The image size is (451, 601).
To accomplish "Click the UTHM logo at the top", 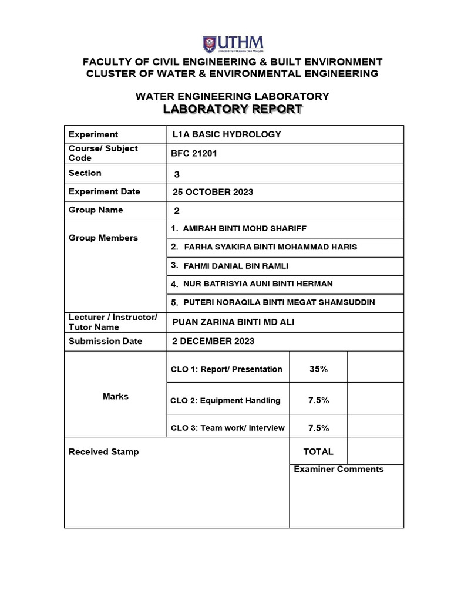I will [233, 44].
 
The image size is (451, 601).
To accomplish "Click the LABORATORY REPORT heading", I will [233, 109].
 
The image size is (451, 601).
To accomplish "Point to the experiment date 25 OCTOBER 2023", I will [213, 192].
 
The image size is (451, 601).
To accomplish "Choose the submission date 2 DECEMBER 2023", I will [213, 341].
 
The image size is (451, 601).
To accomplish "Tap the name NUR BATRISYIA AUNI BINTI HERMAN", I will [258, 284].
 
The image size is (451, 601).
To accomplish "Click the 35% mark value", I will [318, 369].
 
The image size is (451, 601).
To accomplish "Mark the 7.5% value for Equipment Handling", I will [318, 400].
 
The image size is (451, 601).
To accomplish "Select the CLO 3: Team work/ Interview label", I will [227, 428].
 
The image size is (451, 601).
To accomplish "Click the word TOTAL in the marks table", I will [318, 451].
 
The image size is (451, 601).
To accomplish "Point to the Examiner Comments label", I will [338, 469].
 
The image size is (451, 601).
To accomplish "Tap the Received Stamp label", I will [104, 451].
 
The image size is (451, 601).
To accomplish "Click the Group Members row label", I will [103, 238].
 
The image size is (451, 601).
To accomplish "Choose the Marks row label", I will [115, 397].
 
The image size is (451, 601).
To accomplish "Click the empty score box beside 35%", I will [375, 367].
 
